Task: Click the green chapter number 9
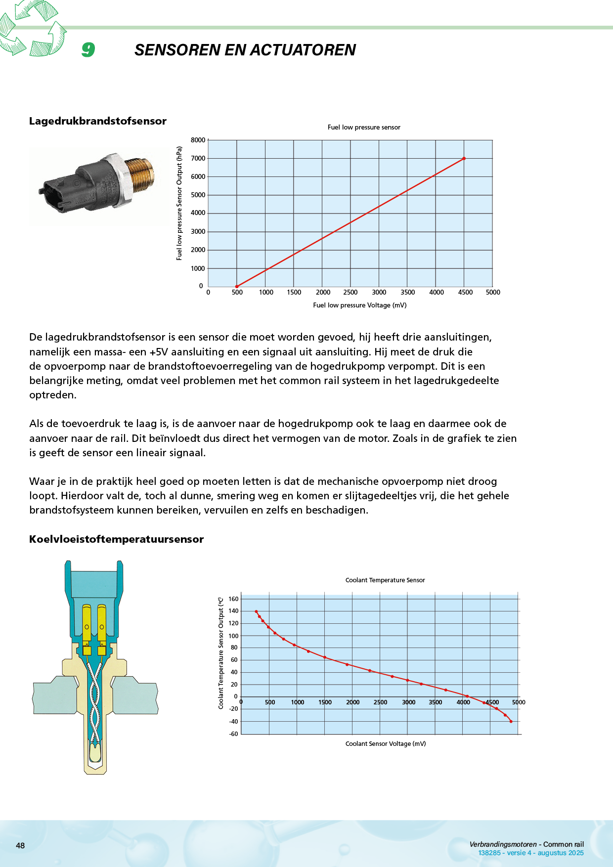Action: point(88,49)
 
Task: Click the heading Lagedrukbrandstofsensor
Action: point(98,121)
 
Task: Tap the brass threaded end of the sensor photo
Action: point(142,175)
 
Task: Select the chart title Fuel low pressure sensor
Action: point(364,128)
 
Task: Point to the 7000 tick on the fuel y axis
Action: point(198,158)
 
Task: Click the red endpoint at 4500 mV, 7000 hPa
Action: point(464,159)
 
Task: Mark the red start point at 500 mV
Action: point(237,286)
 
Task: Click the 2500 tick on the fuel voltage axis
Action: point(350,292)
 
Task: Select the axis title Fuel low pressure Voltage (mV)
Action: point(360,305)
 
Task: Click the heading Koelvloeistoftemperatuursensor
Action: point(116,539)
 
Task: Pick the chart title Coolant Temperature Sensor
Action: point(385,580)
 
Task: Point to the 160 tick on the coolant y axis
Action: point(233,599)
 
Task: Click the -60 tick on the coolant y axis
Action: point(233,734)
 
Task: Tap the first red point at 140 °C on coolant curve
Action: point(256,611)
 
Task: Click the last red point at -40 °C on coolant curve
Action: point(511,722)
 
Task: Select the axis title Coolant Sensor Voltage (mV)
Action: point(386,744)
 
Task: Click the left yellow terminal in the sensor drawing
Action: point(87,623)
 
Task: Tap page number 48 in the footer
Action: point(20,846)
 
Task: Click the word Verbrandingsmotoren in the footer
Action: point(503,844)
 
